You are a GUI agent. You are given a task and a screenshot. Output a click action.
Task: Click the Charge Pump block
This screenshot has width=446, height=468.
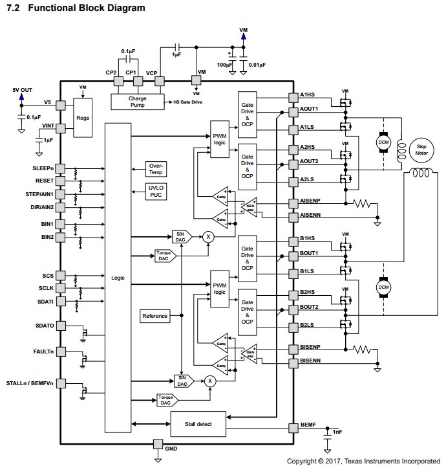[x=138, y=102]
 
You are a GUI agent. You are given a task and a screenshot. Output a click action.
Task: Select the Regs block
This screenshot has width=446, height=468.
[x=83, y=118]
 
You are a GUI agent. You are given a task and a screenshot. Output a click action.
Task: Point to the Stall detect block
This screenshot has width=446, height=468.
[x=198, y=424]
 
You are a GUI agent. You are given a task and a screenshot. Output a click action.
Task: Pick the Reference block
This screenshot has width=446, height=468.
[x=154, y=316]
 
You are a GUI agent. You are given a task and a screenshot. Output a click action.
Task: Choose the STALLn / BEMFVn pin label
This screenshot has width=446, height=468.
[x=29, y=384]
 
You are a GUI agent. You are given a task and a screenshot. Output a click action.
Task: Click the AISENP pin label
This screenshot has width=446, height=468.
[x=311, y=202]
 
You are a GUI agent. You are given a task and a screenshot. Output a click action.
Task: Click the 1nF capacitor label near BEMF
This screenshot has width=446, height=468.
[x=337, y=431]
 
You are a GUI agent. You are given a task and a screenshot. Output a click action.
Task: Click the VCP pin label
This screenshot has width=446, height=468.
[x=151, y=72]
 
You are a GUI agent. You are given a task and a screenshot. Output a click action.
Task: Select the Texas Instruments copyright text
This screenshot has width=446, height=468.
[x=363, y=461]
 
